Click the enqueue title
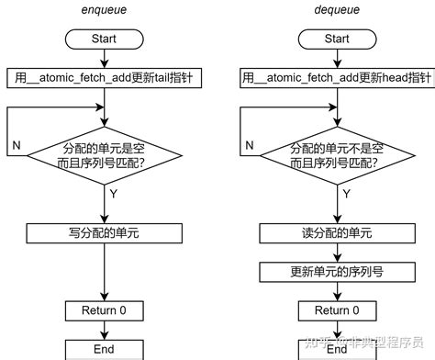point(104,12)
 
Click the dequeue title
point(337,12)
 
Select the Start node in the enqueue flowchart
point(104,39)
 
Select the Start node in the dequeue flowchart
point(337,39)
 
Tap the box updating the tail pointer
point(104,77)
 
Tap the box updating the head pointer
point(337,77)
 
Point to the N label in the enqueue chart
point(17,147)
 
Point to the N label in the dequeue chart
point(250,147)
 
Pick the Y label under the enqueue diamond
point(114,194)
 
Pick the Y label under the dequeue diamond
point(347,194)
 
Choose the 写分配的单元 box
point(104,233)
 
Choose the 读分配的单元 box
point(337,233)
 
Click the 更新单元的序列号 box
point(337,272)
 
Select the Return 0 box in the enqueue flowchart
point(104,310)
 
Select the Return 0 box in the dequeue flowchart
point(337,310)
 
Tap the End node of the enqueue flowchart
point(104,349)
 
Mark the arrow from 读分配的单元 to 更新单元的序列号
point(337,253)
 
